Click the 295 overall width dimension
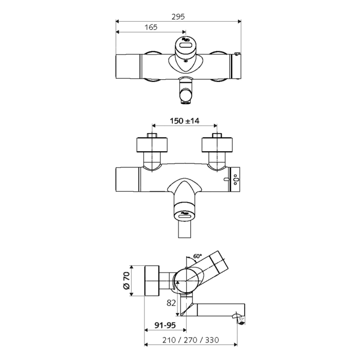tap(179, 16)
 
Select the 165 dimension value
tap(151, 27)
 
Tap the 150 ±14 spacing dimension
tap(185, 121)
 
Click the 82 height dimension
tap(171, 303)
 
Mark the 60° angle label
tap(197, 256)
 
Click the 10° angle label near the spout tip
tap(242, 319)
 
